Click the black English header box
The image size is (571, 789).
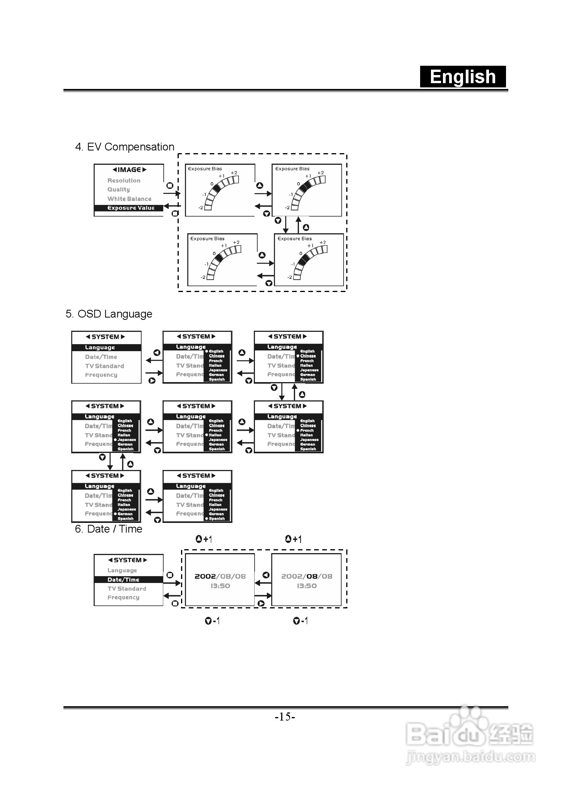(463, 77)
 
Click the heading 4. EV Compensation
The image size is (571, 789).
(125, 147)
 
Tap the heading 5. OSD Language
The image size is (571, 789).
(109, 314)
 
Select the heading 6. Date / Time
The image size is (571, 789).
(108, 529)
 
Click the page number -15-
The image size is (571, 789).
(285, 717)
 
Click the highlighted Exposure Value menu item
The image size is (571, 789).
(130, 208)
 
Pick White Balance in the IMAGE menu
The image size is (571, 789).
(129, 199)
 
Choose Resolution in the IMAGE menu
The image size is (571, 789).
(124, 181)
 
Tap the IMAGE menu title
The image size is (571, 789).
(129, 170)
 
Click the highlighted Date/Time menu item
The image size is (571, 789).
(123, 580)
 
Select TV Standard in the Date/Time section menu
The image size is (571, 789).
(127, 589)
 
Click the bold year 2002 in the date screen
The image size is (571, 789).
(205, 576)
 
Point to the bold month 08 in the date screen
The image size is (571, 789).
(312, 576)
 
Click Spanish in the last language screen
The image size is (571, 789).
(217, 519)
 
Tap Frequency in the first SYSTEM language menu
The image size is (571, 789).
(101, 375)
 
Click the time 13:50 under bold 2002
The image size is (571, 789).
(220, 586)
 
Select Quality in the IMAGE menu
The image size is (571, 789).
(118, 190)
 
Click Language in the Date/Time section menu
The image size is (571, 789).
(122, 570)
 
